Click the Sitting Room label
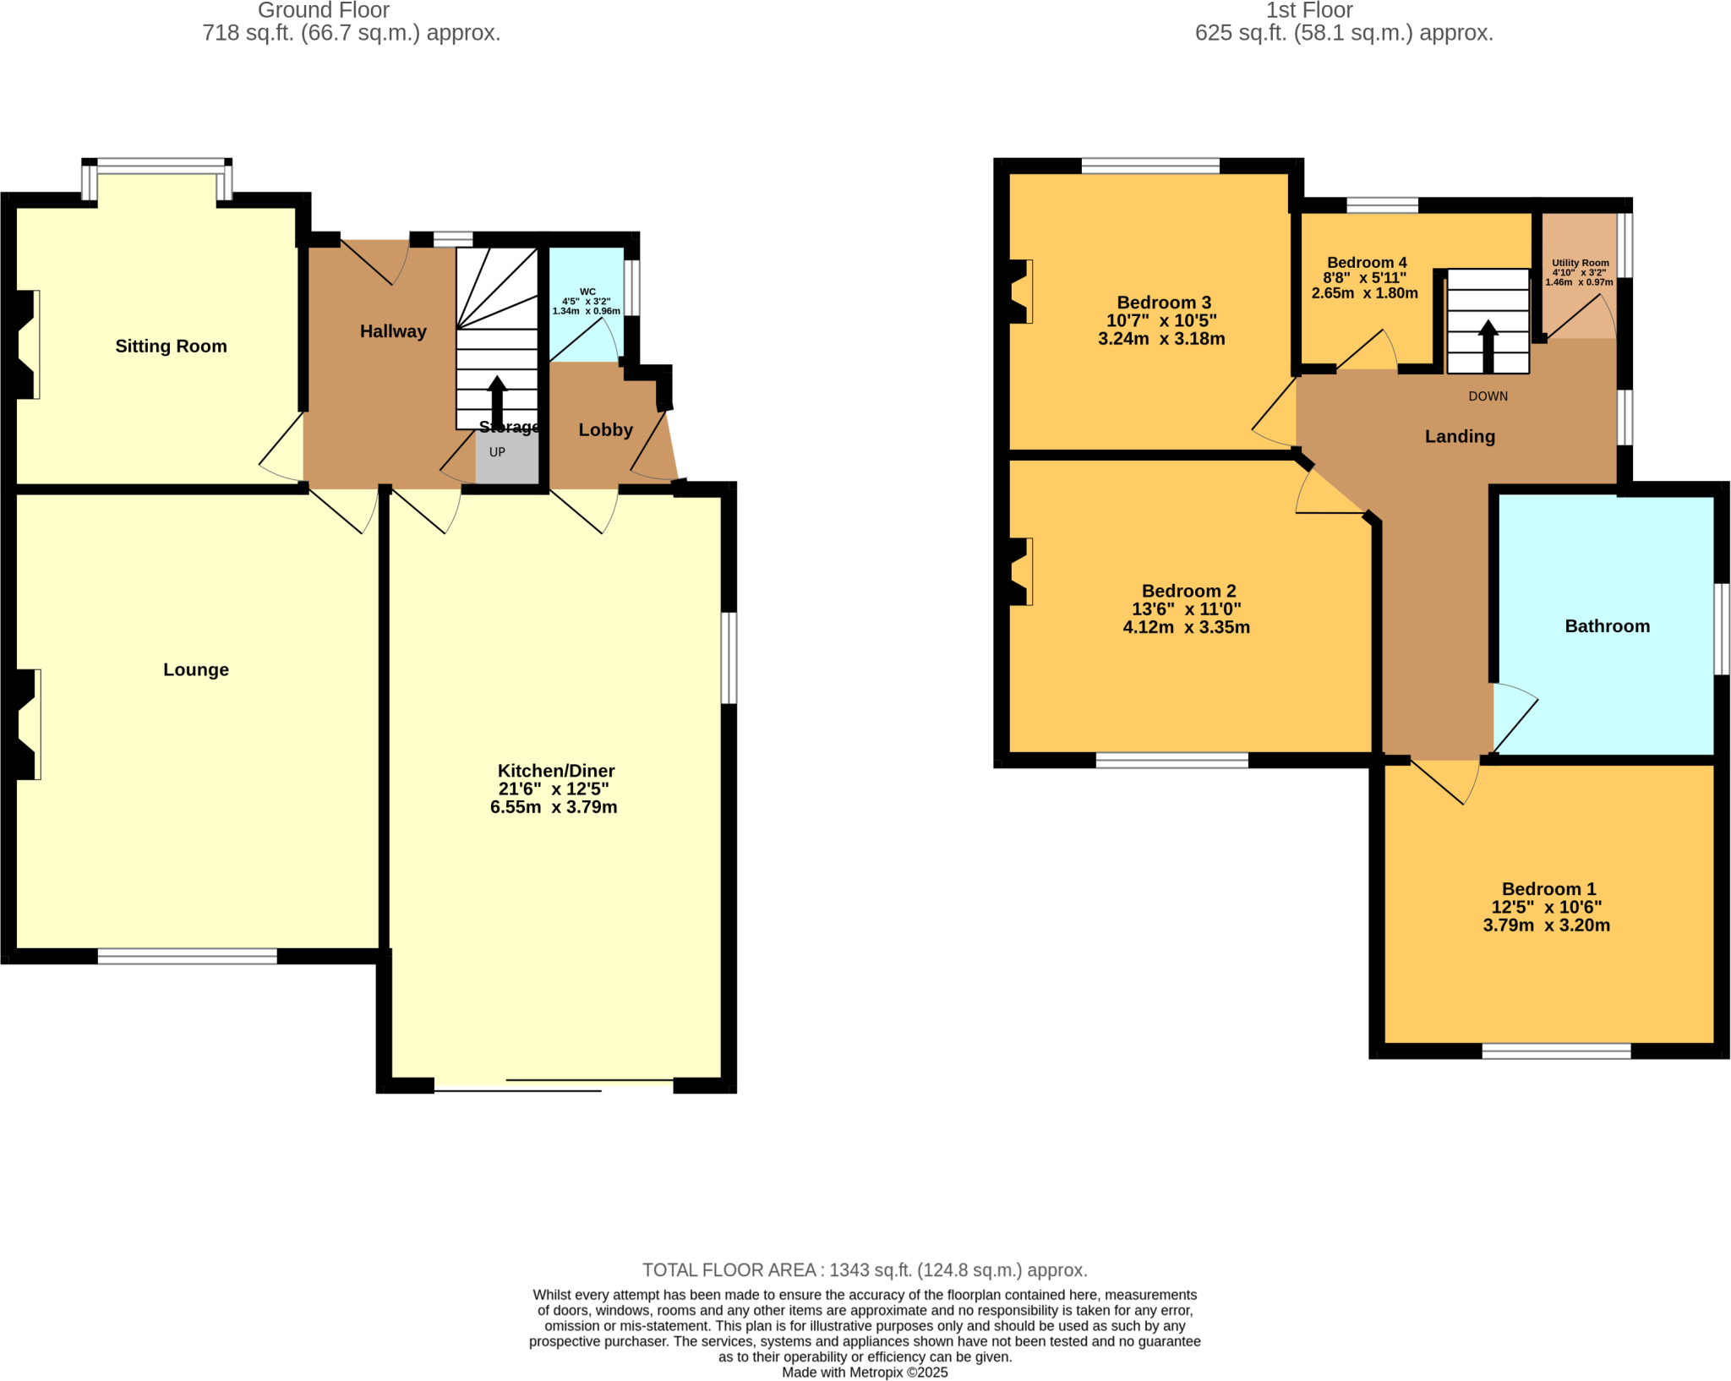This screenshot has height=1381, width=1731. pos(171,347)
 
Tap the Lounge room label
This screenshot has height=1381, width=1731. pos(196,670)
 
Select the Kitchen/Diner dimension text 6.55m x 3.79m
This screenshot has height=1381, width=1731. pos(554,807)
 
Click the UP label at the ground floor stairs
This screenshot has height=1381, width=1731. pos(497,452)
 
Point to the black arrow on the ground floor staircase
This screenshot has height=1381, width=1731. pos(497,403)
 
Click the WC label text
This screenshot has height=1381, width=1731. pos(587,292)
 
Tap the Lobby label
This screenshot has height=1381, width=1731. pos(605,430)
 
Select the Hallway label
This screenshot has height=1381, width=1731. pos(393,331)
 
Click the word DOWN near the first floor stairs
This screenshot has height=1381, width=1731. pos(1488,396)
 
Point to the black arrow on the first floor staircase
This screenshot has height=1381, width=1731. pos(1488,346)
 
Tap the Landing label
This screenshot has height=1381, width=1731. pos(1460,437)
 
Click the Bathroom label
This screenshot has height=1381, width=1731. pos(1607,626)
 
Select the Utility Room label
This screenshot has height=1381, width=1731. pos(1580,263)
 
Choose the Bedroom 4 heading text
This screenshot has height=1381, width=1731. pos(1367,263)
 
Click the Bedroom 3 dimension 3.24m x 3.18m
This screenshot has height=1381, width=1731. pos(1161,339)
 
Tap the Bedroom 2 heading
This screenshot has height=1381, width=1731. pos(1188,591)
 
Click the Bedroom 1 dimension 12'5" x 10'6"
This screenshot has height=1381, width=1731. pos(1547,907)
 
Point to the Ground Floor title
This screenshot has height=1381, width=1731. pos(324,10)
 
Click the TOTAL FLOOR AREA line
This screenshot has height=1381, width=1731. pos(865,1269)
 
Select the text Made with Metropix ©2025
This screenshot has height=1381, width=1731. pos(865,1373)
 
